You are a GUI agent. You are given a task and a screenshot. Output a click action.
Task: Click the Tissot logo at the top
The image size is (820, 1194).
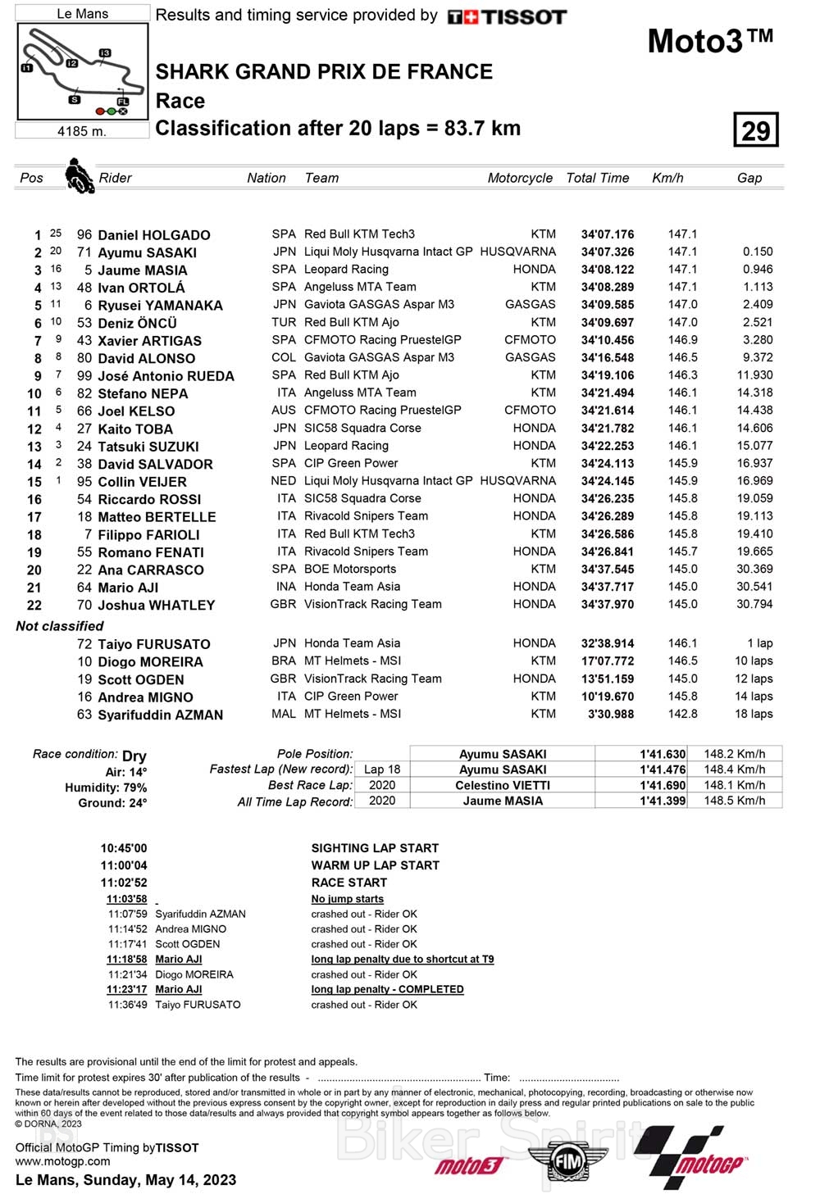point(507,16)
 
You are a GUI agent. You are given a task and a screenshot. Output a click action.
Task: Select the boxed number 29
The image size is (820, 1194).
point(755,130)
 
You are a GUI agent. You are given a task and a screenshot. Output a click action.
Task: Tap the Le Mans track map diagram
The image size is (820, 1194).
point(82,71)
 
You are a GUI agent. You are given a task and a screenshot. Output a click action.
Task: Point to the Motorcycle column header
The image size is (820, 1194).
point(520,178)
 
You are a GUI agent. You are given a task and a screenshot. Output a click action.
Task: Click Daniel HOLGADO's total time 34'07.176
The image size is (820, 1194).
point(608,234)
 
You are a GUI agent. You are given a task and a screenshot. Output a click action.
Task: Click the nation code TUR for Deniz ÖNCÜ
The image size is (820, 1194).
point(284,322)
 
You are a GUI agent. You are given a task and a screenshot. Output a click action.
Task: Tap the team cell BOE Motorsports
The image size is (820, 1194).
point(350,569)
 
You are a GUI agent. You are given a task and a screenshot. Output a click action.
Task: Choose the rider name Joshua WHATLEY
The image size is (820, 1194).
point(156,605)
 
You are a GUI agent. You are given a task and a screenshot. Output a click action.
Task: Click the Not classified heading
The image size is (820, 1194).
point(60,626)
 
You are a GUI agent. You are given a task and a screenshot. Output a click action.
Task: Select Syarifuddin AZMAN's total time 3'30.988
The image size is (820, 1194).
point(611,714)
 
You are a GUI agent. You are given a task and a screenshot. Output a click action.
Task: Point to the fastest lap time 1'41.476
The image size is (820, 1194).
point(663,770)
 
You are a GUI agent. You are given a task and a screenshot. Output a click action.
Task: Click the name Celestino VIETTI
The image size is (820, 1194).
point(503,785)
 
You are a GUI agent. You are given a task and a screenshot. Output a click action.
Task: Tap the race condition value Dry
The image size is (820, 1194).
point(134,756)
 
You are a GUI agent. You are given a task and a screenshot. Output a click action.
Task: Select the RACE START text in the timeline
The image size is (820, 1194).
point(348,883)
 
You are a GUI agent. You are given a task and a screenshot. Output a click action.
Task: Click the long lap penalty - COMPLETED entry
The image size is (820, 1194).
point(387,989)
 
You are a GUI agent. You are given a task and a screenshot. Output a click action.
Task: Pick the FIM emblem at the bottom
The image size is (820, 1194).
point(567,1161)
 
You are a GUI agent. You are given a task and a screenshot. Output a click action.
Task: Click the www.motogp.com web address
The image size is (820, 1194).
point(62,1160)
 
